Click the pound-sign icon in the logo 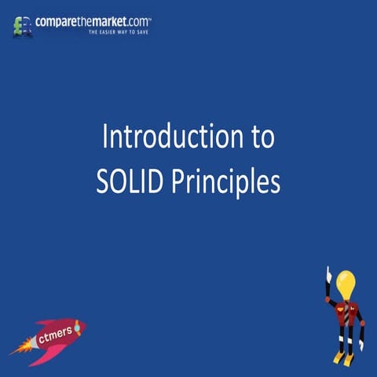click(23, 27)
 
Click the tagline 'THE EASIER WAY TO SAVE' click(119, 33)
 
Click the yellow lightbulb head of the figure click(346, 284)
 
